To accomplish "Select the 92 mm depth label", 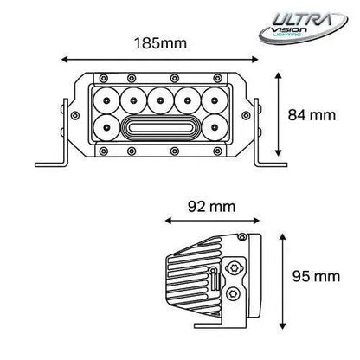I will click(x=210, y=208).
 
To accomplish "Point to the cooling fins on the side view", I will click(x=190, y=279).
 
